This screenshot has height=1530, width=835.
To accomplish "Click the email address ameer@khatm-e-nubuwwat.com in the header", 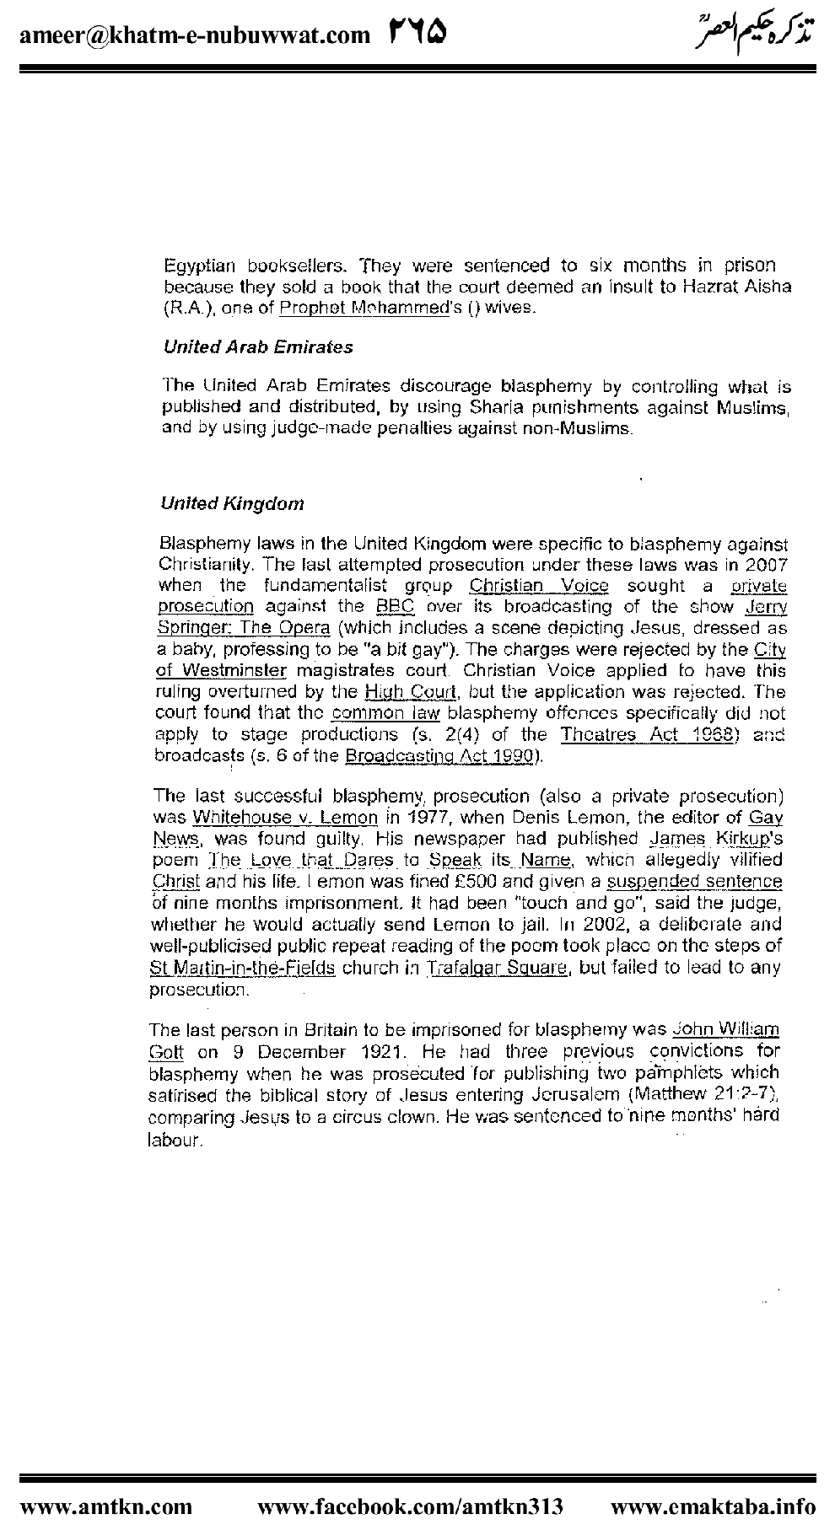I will [193, 35].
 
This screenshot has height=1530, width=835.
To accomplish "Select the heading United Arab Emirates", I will [257, 347].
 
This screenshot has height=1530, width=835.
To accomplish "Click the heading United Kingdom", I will [232, 504].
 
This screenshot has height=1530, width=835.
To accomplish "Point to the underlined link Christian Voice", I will [538, 585].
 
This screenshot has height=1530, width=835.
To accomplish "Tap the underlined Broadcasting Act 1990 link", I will [440, 757].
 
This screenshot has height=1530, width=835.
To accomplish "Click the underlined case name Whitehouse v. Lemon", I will [285, 818].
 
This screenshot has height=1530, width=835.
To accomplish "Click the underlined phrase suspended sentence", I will [694, 882].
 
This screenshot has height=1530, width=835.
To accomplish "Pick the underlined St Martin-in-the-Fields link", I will [242, 968].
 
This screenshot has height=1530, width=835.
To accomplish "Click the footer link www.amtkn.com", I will [105, 1506].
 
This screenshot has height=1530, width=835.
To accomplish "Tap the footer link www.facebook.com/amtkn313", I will [410, 1506].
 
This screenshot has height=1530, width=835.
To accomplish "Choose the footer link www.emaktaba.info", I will [713, 1506].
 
